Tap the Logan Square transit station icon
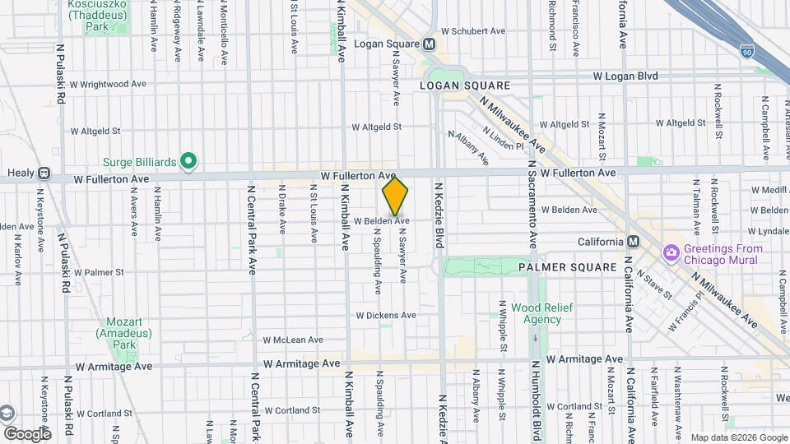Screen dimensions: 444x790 pyautogui.click(x=429, y=44)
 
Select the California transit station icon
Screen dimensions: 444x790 pyautogui.click(x=633, y=242)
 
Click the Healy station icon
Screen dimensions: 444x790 pyautogui.click(x=44, y=174)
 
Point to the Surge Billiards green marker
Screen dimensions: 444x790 pyautogui.click(x=188, y=161)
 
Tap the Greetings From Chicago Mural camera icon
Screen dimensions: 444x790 pyautogui.click(x=671, y=250)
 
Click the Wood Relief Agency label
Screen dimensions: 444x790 pyautogui.click(x=536, y=312)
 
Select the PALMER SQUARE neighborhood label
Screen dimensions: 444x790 pyautogui.click(x=567, y=267)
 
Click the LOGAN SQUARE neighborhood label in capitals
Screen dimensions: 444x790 pyautogui.click(x=465, y=86)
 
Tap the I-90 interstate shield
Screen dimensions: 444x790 pyautogui.click(x=746, y=51)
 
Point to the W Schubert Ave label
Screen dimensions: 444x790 pyautogui.click(x=472, y=31)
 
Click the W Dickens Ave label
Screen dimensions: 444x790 pyautogui.click(x=386, y=315)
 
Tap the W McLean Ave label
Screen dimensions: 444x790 pyautogui.click(x=293, y=340)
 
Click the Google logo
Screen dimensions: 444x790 pyautogui.click(x=27, y=433)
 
